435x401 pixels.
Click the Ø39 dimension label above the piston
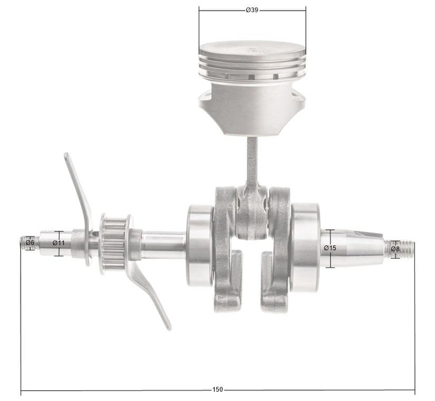coord(252,10)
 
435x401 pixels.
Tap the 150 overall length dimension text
coord(217,389)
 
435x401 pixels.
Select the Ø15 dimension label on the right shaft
coord(330,248)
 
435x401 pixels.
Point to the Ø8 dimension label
coord(395,249)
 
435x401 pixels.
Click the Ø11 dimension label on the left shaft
coord(59,243)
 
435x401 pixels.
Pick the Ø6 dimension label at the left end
coord(30,243)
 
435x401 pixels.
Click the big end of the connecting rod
coord(252,214)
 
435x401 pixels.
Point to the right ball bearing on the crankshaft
coord(305,245)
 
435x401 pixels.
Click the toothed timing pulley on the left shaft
coord(114,243)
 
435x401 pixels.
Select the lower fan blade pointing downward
coord(151,294)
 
